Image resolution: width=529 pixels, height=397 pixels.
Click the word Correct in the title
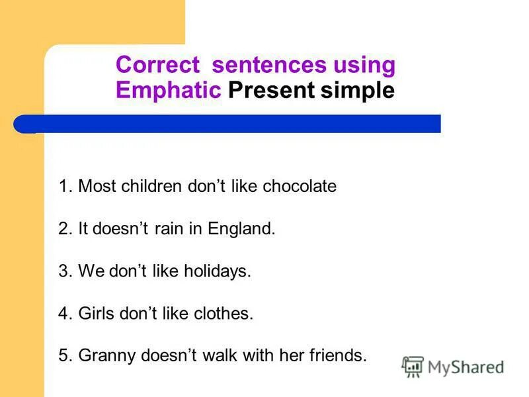click(157, 66)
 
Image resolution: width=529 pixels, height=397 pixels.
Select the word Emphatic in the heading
click(168, 90)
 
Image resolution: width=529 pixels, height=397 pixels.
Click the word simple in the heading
click(358, 91)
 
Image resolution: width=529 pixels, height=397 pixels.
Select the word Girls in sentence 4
click(95, 314)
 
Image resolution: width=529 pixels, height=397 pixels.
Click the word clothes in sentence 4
click(227, 314)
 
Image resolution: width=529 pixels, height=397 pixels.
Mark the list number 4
click(63, 314)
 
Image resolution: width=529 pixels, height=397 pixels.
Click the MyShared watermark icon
click(413, 367)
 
